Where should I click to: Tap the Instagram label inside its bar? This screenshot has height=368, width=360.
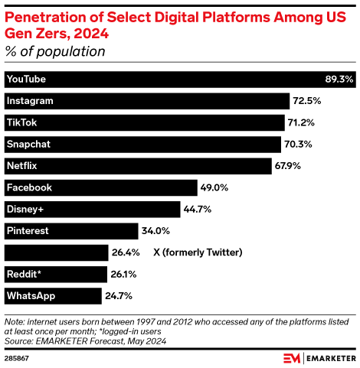[29, 101]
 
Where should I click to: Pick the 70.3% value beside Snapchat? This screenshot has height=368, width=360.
[299, 144]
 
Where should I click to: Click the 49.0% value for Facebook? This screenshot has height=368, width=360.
[214, 187]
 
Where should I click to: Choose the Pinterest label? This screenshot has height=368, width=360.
[28, 230]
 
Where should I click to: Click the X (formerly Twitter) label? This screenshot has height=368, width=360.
[198, 252]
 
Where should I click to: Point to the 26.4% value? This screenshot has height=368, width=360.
[127, 252]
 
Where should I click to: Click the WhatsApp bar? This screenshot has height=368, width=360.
[53, 295]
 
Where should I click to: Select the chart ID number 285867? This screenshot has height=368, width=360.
[17, 357]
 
